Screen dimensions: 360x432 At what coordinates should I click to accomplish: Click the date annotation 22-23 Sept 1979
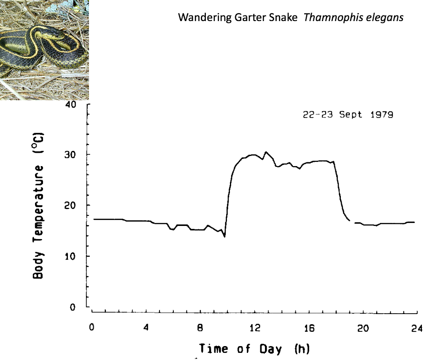pos(348,115)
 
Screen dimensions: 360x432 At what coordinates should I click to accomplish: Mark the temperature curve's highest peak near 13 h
pos(266,152)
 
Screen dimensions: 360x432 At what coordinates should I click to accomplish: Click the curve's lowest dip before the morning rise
pos(224,236)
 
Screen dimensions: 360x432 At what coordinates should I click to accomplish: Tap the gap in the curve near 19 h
pos(352,221)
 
